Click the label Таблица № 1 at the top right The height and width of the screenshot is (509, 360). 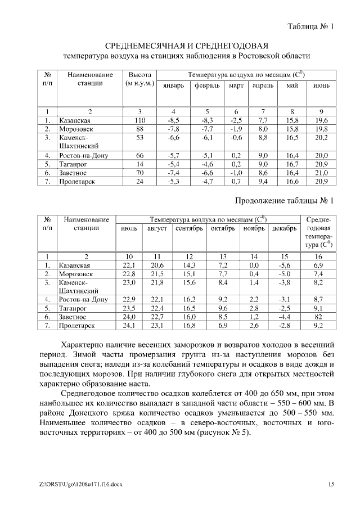(x=311, y=26)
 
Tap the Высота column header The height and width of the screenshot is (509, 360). (x=139, y=79)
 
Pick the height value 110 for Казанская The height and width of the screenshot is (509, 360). (x=139, y=120)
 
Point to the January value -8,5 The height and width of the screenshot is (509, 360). (x=173, y=120)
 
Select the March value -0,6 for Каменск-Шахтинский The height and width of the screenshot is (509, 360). (x=236, y=137)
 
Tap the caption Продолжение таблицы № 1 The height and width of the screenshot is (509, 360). (x=284, y=200)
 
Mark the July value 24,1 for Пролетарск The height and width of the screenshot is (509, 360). (x=129, y=326)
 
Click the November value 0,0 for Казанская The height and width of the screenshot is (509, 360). (x=254, y=264)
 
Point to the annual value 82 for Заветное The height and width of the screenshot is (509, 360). (x=318, y=317)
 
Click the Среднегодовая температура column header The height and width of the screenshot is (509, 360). (x=318, y=232)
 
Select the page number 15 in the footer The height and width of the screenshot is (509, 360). (x=331, y=484)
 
